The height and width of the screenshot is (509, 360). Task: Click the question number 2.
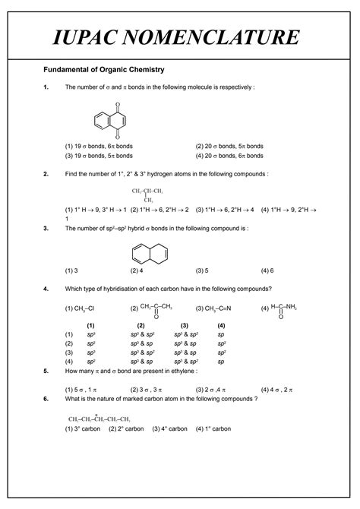(46, 174)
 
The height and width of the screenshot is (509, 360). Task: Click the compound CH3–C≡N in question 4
(218, 308)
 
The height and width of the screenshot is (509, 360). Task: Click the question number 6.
(46, 399)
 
